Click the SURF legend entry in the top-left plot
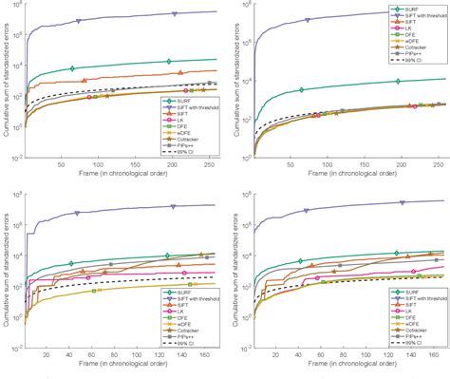pyautogui.click(x=186, y=98)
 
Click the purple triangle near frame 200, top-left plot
pyautogui.click(x=175, y=13)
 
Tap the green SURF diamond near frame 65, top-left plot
pyautogui.click(x=72, y=68)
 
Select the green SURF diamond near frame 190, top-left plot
pyautogui.click(x=168, y=62)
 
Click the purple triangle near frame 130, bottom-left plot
pyautogui.click(x=174, y=207)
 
